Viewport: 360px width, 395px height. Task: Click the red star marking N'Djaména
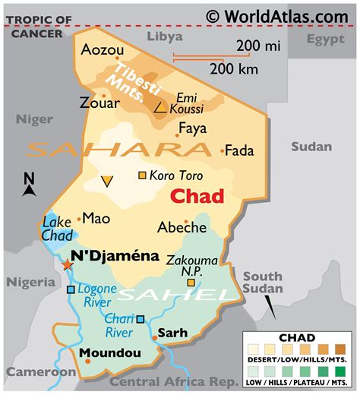click(68, 264)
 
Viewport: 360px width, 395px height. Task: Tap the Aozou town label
click(102, 50)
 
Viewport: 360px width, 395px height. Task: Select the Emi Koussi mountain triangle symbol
click(160, 109)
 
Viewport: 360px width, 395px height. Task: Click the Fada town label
click(240, 150)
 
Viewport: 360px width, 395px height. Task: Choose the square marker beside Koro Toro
click(142, 176)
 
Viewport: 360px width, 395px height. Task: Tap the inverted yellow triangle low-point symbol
click(107, 181)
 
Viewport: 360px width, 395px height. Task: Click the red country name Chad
click(197, 196)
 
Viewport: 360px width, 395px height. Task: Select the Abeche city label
click(182, 227)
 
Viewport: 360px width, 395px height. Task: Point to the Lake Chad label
click(56, 229)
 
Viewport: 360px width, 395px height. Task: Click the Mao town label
click(96, 218)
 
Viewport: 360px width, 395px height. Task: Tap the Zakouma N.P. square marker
click(191, 283)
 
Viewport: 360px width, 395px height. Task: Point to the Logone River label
click(99, 295)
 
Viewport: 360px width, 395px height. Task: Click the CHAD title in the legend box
click(297, 337)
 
